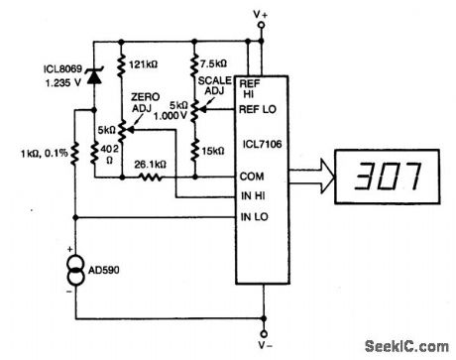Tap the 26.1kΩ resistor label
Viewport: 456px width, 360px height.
pos(154,165)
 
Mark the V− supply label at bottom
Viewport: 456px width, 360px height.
pos(263,347)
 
